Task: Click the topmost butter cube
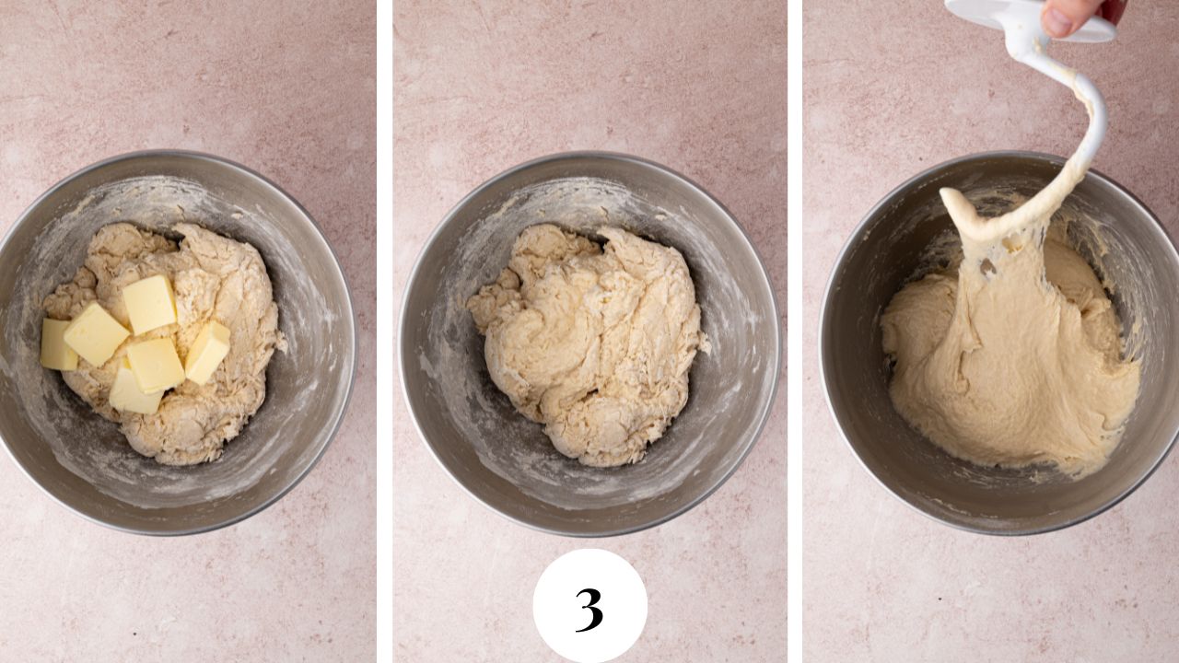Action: tap(149, 304)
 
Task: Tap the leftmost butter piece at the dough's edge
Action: tap(58, 344)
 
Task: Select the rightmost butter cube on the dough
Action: tap(208, 352)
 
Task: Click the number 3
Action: tap(589, 609)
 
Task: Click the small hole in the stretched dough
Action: tap(988, 268)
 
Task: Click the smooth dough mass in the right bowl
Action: tap(1013, 387)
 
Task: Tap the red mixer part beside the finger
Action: tap(1115, 9)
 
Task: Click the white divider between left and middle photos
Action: tap(384, 331)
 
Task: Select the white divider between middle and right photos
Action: tap(795, 331)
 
